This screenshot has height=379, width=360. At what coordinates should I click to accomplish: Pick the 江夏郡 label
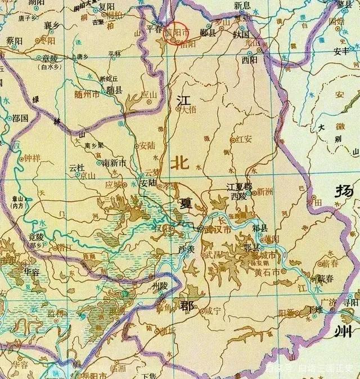click(238, 186)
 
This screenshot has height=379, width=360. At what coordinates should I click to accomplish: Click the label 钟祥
click(33, 159)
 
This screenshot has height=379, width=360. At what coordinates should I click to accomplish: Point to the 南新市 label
click(114, 163)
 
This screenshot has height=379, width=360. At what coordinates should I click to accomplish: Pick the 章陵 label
click(51, 58)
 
